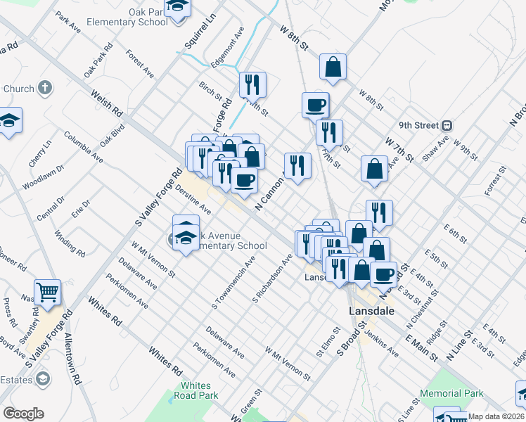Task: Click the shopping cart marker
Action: click(x=48, y=291)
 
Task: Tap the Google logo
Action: click(x=23, y=414)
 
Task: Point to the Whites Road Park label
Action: click(x=195, y=390)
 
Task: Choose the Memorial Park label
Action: click(x=451, y=393)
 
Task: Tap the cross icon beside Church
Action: click(x=45, y=89)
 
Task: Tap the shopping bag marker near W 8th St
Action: click(x=333, y=68)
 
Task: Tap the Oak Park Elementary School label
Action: click(x=127, y=17)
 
